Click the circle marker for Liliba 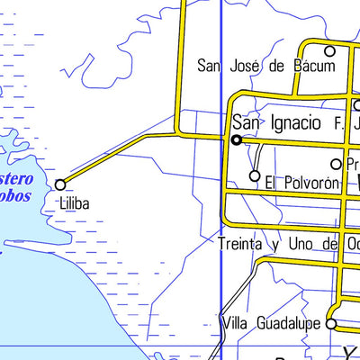pos(60,184)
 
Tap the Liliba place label pos(76,204)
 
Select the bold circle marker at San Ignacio pos(236,140)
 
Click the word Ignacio pos(293,122)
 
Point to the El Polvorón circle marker pos(255,175)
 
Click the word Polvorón pos(310,183)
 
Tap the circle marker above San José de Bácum pos(329,51)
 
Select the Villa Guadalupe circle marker pos(330,324)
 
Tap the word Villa pos(235,323)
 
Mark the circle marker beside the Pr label pos(337,164)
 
